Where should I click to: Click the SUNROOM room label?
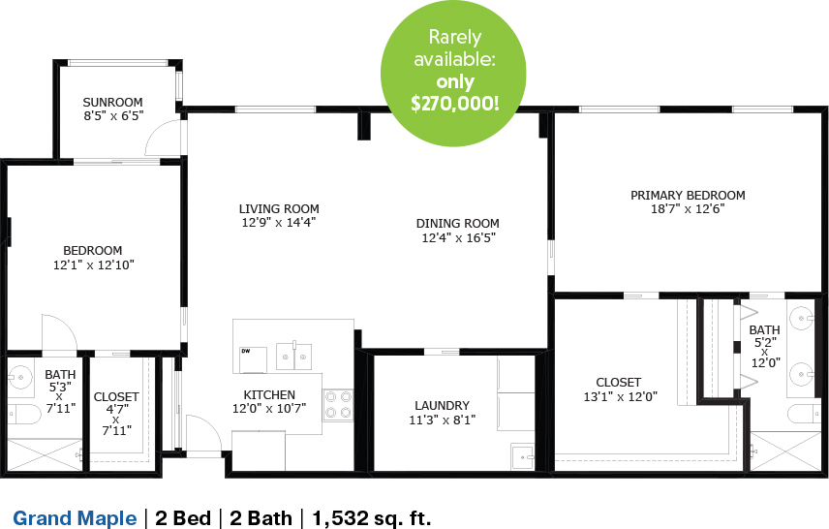tap(112, 102)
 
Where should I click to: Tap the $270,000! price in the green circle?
tap(454, 103)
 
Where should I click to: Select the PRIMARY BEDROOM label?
tap(688, 195)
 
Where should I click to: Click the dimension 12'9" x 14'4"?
tap(279, 222)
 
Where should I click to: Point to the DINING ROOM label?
tap(458, 223)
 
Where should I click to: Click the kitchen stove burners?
tap(338, 404)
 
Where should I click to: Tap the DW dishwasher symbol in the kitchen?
tap(253, 359)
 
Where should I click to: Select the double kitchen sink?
tap(294, 357)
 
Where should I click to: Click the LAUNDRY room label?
tap(442, 406)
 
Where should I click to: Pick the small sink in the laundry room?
tap(523, 456)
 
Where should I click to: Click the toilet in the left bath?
tap(23, 415)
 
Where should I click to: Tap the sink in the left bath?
tap(20, 377)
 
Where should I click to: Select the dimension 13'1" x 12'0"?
tap(620, 397)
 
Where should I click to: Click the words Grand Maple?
tap(75, 518)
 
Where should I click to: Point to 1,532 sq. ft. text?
tap(372, 518)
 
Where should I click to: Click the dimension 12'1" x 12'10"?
tap(94, 265)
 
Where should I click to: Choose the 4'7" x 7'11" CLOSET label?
tap(116, 414)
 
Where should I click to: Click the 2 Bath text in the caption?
tap(261, 518)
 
